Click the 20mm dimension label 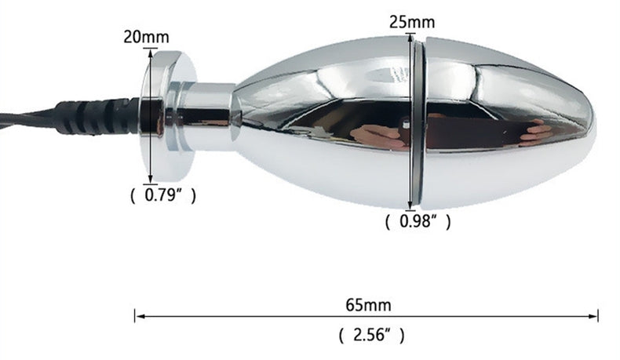pyautogui.click(x=146, y=37)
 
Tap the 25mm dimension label pyautogui.click(x=412, y=22)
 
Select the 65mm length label pyautogui.click(x=369, y=305)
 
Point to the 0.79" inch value pyautogui.click(x=163, y=195)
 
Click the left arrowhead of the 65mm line pyautogui.click(x=139, y=316)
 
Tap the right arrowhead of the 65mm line pyautogui.click(x=593, y=316)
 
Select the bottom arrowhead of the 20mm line pyautogui.click(x=150, y=180)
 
